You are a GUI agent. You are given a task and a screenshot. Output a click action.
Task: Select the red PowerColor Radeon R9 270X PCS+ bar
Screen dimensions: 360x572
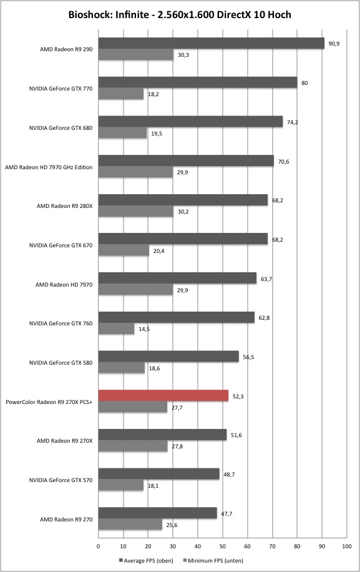tap(163, 396)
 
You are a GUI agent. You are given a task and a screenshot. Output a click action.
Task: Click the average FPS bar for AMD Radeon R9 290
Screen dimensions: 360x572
tap(212, 43)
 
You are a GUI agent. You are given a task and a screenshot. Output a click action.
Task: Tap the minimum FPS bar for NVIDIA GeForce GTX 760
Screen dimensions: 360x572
tap(116, 328)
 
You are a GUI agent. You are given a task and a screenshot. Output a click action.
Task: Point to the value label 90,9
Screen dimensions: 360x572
tap(334, 44)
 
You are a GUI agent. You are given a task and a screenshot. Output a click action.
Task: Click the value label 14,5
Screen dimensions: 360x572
tap(144, 329)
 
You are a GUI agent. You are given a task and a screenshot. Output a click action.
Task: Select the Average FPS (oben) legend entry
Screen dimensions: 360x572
tap(146, 560)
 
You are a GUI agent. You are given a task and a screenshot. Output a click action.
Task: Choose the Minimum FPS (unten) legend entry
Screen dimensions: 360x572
tap(213, 560)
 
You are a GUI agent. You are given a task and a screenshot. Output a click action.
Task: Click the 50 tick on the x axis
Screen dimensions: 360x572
tap(223, 546)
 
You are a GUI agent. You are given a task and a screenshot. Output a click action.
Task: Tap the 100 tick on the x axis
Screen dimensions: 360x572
tap(347, 546)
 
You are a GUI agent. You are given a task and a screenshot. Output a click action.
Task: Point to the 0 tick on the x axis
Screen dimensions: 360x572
tap(99, 546)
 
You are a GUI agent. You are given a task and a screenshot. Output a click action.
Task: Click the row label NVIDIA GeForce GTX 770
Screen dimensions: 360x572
tap(61, 88)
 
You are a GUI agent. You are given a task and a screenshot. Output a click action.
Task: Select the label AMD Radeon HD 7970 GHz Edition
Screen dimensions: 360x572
tap(49, 167)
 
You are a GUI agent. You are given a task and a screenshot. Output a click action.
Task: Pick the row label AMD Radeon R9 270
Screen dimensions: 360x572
tap(66, 519)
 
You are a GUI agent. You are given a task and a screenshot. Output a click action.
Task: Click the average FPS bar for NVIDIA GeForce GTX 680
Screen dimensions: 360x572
tap(190, 122)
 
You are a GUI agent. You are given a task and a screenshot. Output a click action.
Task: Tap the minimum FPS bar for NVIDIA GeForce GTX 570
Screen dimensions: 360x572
tap(121, 486)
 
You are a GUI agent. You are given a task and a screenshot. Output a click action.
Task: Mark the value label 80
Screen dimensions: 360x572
tap(304, 83)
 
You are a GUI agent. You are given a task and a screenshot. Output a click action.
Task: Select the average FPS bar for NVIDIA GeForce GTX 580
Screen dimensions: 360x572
tap(168, 357)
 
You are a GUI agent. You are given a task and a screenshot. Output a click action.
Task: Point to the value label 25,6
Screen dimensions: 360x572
tap(172, 525)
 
